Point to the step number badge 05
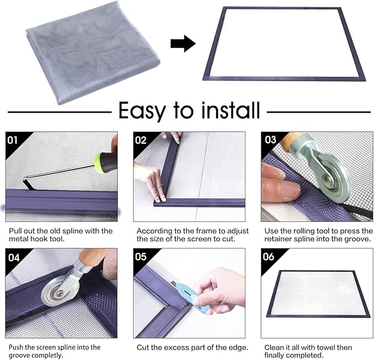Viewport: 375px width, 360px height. click(141, 257)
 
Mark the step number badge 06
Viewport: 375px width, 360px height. click(270, 257)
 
